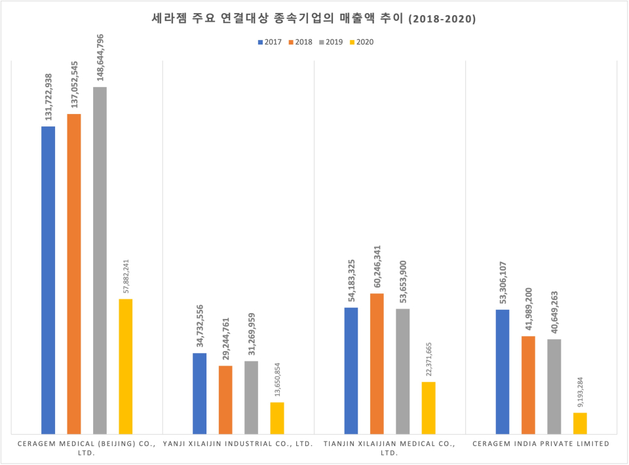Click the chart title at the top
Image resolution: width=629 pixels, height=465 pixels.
pos(314,20)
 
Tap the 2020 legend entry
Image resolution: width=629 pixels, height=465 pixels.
pos(360,42)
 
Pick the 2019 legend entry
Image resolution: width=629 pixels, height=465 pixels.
pos(330,42)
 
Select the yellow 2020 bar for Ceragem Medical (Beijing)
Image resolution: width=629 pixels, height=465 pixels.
pos(125,366)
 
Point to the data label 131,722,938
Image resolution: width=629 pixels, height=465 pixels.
pos(48,96)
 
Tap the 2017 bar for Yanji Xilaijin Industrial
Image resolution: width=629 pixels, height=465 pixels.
pos(199,393)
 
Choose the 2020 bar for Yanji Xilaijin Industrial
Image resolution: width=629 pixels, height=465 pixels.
pos(277,418)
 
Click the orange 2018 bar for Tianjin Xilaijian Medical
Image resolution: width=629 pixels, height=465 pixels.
pos(377,363)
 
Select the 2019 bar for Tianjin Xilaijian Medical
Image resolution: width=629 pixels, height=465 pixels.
pos(403,371)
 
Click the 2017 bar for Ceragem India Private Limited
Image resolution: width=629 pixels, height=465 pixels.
pos(503,371)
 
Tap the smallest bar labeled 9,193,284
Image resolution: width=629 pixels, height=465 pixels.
pos(580,423)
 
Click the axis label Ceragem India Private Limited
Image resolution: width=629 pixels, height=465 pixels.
pos(541,444)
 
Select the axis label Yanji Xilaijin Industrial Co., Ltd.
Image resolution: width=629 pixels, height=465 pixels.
pos(238,444)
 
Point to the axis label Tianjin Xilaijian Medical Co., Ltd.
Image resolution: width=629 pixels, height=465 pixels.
pos(389,448)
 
